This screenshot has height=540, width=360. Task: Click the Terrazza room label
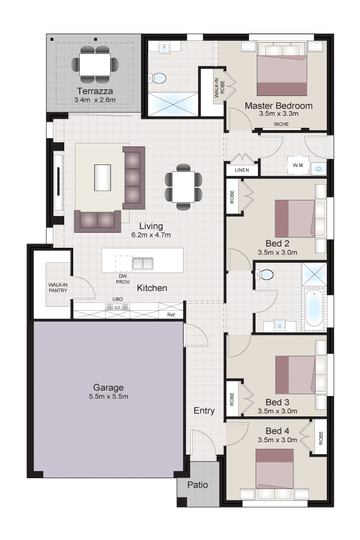[95, 91]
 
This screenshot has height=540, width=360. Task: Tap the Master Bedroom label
[278, 106]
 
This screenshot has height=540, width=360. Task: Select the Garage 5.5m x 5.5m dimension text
[109, 397]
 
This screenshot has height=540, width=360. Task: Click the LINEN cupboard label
[242, 170]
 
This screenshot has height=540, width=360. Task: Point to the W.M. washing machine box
[298, 166]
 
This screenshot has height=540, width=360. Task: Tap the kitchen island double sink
[143, 263]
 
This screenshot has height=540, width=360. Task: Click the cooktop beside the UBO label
[118, 307]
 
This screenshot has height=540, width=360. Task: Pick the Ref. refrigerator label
[171, 315]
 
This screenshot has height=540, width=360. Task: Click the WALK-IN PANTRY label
[58, 288]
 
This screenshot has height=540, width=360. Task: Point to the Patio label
[198, 485]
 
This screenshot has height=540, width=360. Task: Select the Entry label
[204, 410]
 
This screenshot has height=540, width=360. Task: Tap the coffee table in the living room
[103, 177]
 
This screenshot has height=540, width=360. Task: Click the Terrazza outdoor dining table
[95, 64]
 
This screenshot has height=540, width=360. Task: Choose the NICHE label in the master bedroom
[281, 124]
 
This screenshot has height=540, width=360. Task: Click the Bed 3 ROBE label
[232, 399]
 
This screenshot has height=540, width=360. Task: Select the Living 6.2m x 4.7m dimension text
[151, 235]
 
